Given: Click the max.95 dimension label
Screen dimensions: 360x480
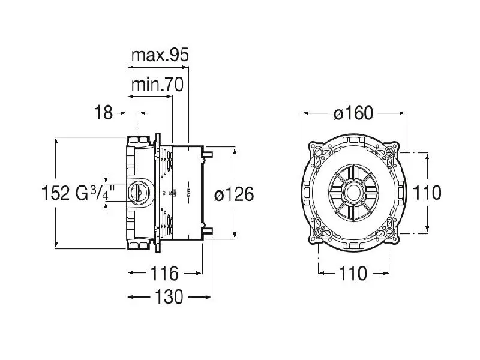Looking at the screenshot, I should (x=160, y=56).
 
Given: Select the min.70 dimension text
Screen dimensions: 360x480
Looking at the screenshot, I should (x=157, y=86).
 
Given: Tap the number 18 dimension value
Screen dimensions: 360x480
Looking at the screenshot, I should (x=104, y=112).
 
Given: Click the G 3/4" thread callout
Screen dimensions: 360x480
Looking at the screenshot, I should (x=95, y=193).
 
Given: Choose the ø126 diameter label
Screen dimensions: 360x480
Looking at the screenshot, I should (x=234, y=194).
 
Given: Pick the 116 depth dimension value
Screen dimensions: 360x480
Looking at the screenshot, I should (x=165, y=274).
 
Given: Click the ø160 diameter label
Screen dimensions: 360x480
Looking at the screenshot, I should (x=353, y=113).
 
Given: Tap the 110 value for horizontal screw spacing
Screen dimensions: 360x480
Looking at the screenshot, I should (x=353, y=274).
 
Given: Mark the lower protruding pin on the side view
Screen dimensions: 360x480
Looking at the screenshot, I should (x=209, y=232).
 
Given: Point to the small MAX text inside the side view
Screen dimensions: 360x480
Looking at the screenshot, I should (x=188, y=193).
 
